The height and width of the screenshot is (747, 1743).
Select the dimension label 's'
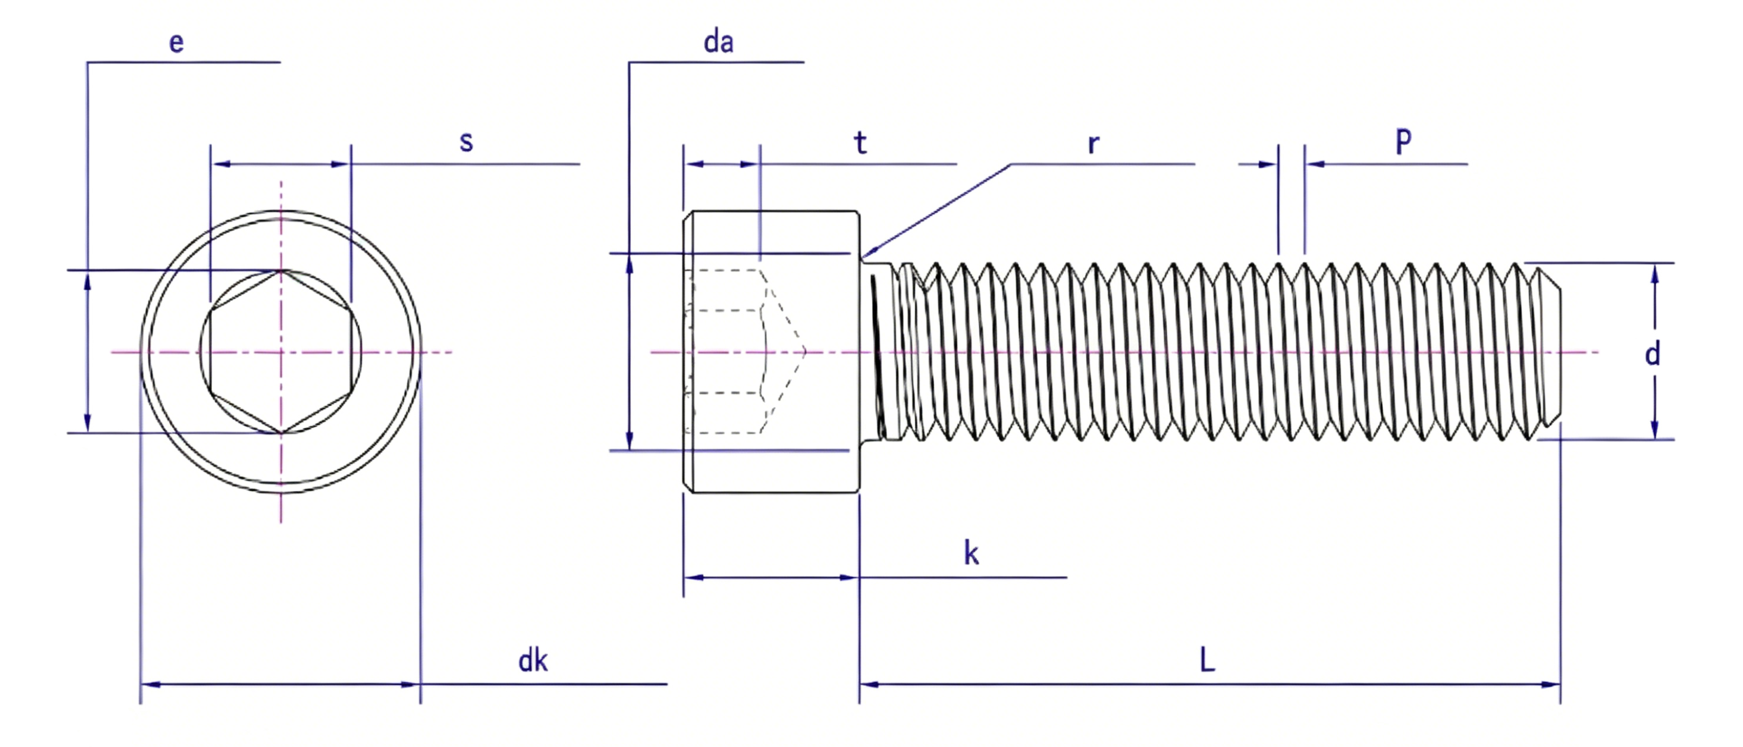pos(466,142)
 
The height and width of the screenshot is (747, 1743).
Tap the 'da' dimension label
pos(718,42)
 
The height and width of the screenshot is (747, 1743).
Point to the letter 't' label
pos(860,143)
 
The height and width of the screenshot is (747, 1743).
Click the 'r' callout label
pos(1093,144)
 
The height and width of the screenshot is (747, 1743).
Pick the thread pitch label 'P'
pos(1404,141)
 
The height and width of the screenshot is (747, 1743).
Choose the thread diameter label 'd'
pos(1652,353)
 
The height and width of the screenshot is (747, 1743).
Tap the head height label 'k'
pos(971,553)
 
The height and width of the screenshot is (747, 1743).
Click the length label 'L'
pos(1207,659)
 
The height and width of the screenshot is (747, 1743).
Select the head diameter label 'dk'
pos(533,660)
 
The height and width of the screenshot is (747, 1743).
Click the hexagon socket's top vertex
pos(281,271)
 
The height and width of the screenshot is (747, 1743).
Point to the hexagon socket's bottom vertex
pos(281,433)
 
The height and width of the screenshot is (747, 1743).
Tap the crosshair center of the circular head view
pos(281,352)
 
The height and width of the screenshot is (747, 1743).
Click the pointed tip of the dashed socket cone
pos(806,352)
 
